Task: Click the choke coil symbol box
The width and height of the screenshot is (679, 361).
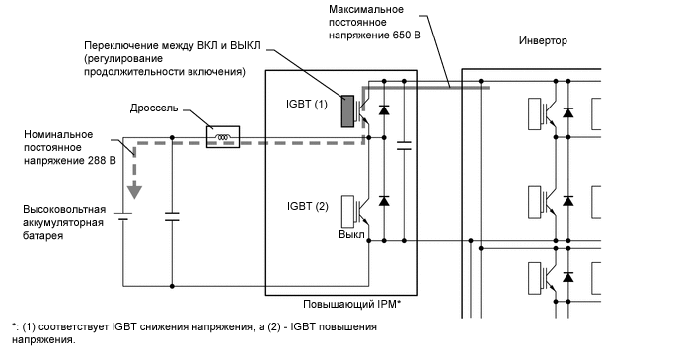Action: (x=222, y=138)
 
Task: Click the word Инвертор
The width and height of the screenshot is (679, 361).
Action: (x=543, y=40)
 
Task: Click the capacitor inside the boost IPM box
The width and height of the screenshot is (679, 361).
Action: (x=404, y=148)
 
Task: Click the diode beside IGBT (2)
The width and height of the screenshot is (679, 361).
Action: (x=383, y=200)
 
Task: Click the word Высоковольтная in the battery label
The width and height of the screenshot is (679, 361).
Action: (x=66, y=210)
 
